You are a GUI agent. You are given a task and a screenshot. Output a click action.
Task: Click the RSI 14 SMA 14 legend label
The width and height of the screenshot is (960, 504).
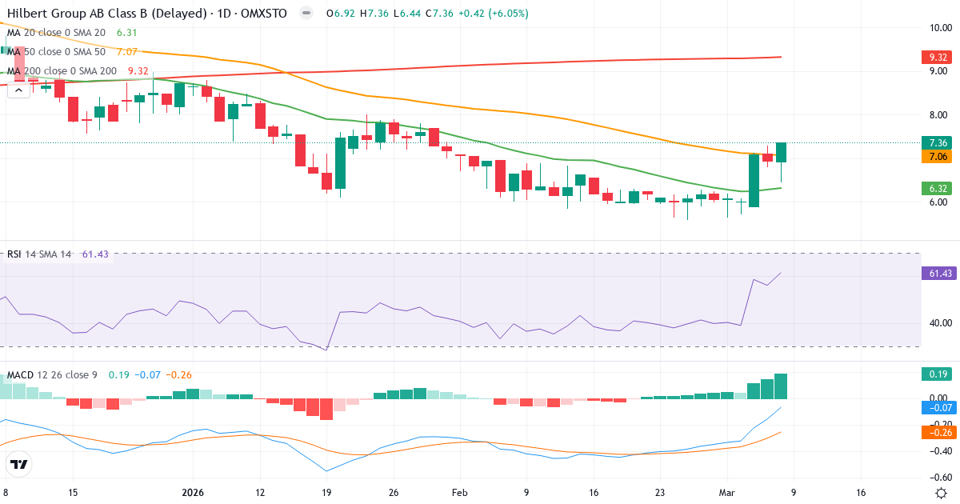[x=39, y=254]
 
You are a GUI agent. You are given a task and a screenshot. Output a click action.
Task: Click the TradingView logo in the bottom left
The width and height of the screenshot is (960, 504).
[x=19, y=465]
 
